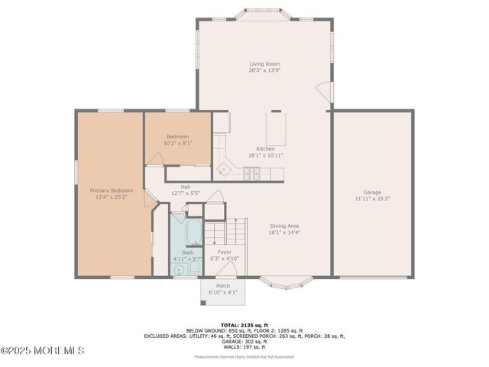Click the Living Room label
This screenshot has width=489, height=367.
(x=265, y=64)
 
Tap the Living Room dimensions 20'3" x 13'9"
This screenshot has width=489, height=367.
(x=265, y=71)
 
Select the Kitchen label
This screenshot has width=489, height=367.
(x=265, y=148)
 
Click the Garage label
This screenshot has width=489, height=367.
(x=372, y=192)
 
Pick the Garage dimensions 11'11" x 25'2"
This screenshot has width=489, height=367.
(x=372, y=199)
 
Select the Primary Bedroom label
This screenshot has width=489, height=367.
(x=112, y=190)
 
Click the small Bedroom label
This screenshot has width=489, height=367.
(x=178, y=136)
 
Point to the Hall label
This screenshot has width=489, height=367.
(x=186, y=187)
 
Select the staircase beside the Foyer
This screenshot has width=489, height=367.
(x=231, y=229)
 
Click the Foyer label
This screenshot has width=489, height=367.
(x=225, y=252)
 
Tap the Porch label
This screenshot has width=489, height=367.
(x=223, y=286)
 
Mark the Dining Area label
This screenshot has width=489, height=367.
(x=284, y=226)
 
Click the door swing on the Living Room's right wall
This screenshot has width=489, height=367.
(x=325, y=91)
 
